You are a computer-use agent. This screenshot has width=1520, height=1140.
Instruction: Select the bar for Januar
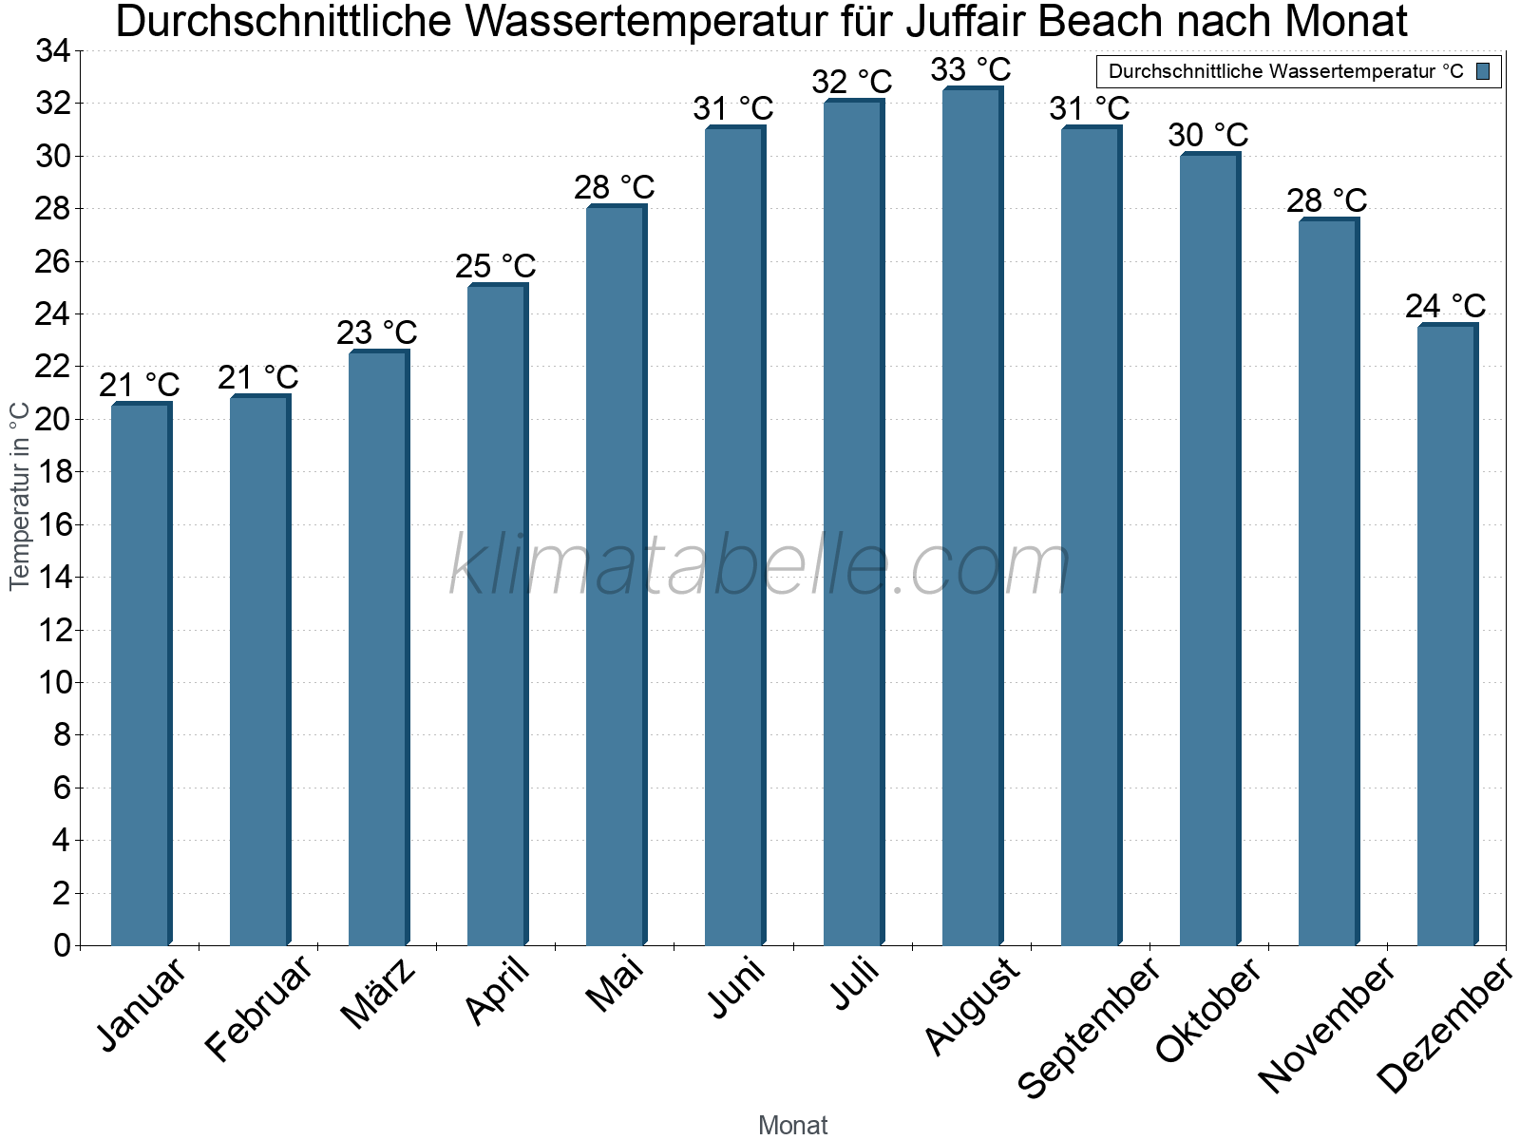tap(141, 674)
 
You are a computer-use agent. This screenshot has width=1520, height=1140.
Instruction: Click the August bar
tap(972, 518)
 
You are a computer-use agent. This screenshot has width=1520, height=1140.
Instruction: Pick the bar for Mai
tap(616, 576)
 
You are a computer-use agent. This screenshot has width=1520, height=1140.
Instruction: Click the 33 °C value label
tap(970, 69)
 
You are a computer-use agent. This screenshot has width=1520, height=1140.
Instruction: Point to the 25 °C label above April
tap(495, 266)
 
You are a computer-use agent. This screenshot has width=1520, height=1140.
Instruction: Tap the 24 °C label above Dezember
tap(1445, 306)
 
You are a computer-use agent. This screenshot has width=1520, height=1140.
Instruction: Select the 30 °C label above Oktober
tap(1207, 135)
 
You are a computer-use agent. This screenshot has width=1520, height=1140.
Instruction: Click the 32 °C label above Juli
tap(851, 82)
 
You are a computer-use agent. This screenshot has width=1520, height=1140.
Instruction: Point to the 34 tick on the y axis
tap(52, 51)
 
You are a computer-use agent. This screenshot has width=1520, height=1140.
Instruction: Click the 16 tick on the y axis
tap(52, 524)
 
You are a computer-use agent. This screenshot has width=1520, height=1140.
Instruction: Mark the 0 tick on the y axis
tap(62, 945)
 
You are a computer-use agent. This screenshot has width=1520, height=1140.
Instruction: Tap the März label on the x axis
tap(378, 993)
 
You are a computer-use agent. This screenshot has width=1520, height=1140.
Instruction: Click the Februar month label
tap(257, 1007)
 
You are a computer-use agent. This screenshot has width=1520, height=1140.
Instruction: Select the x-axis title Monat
tap(792, 1125)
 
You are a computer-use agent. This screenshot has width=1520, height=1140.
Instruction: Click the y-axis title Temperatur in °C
tap(20, 495)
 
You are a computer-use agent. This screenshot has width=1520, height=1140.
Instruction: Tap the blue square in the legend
tap(1483, 71)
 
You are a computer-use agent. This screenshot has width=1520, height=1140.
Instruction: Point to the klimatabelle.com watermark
tap(760, 566)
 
